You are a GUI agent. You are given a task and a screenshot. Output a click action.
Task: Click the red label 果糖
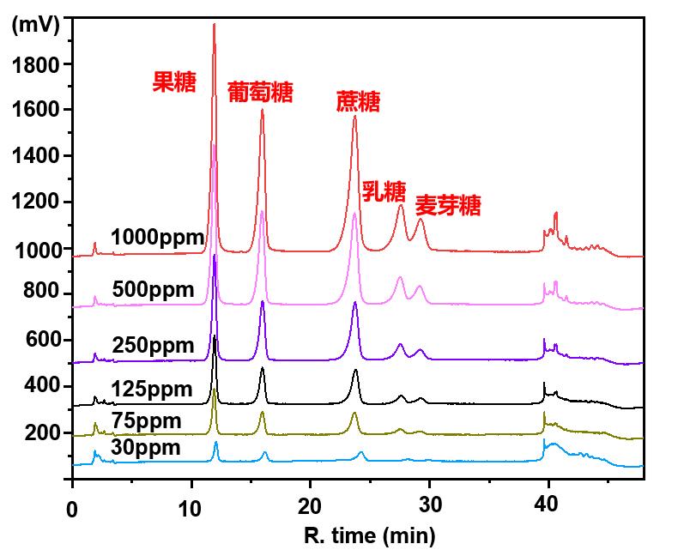[174, 82]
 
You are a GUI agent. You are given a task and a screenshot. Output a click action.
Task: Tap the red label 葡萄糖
[260, 93]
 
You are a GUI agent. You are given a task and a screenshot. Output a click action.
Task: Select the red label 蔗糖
[358, 103]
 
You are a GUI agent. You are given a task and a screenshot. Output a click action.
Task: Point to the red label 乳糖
[383, 190]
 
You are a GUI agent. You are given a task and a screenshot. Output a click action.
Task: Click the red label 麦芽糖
[448, 206]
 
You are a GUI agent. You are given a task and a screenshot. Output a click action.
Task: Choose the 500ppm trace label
[154, 291]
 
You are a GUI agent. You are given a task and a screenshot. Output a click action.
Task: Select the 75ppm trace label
[148, 421]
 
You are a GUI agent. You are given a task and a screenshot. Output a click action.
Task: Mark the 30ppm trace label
[148, 448]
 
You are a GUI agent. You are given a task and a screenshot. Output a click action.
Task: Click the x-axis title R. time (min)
[369, 536]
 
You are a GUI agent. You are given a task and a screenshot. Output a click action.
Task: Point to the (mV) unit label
[35, 25]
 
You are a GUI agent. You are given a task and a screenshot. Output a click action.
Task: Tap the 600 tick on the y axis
[42, 340]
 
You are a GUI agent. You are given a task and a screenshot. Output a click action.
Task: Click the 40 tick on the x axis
[548, 505]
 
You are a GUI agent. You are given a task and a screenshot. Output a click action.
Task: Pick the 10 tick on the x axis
[191, 505]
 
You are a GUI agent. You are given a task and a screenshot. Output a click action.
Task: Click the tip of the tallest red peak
[214, 24]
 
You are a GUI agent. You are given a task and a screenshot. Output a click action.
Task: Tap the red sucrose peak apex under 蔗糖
[354, 117]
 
